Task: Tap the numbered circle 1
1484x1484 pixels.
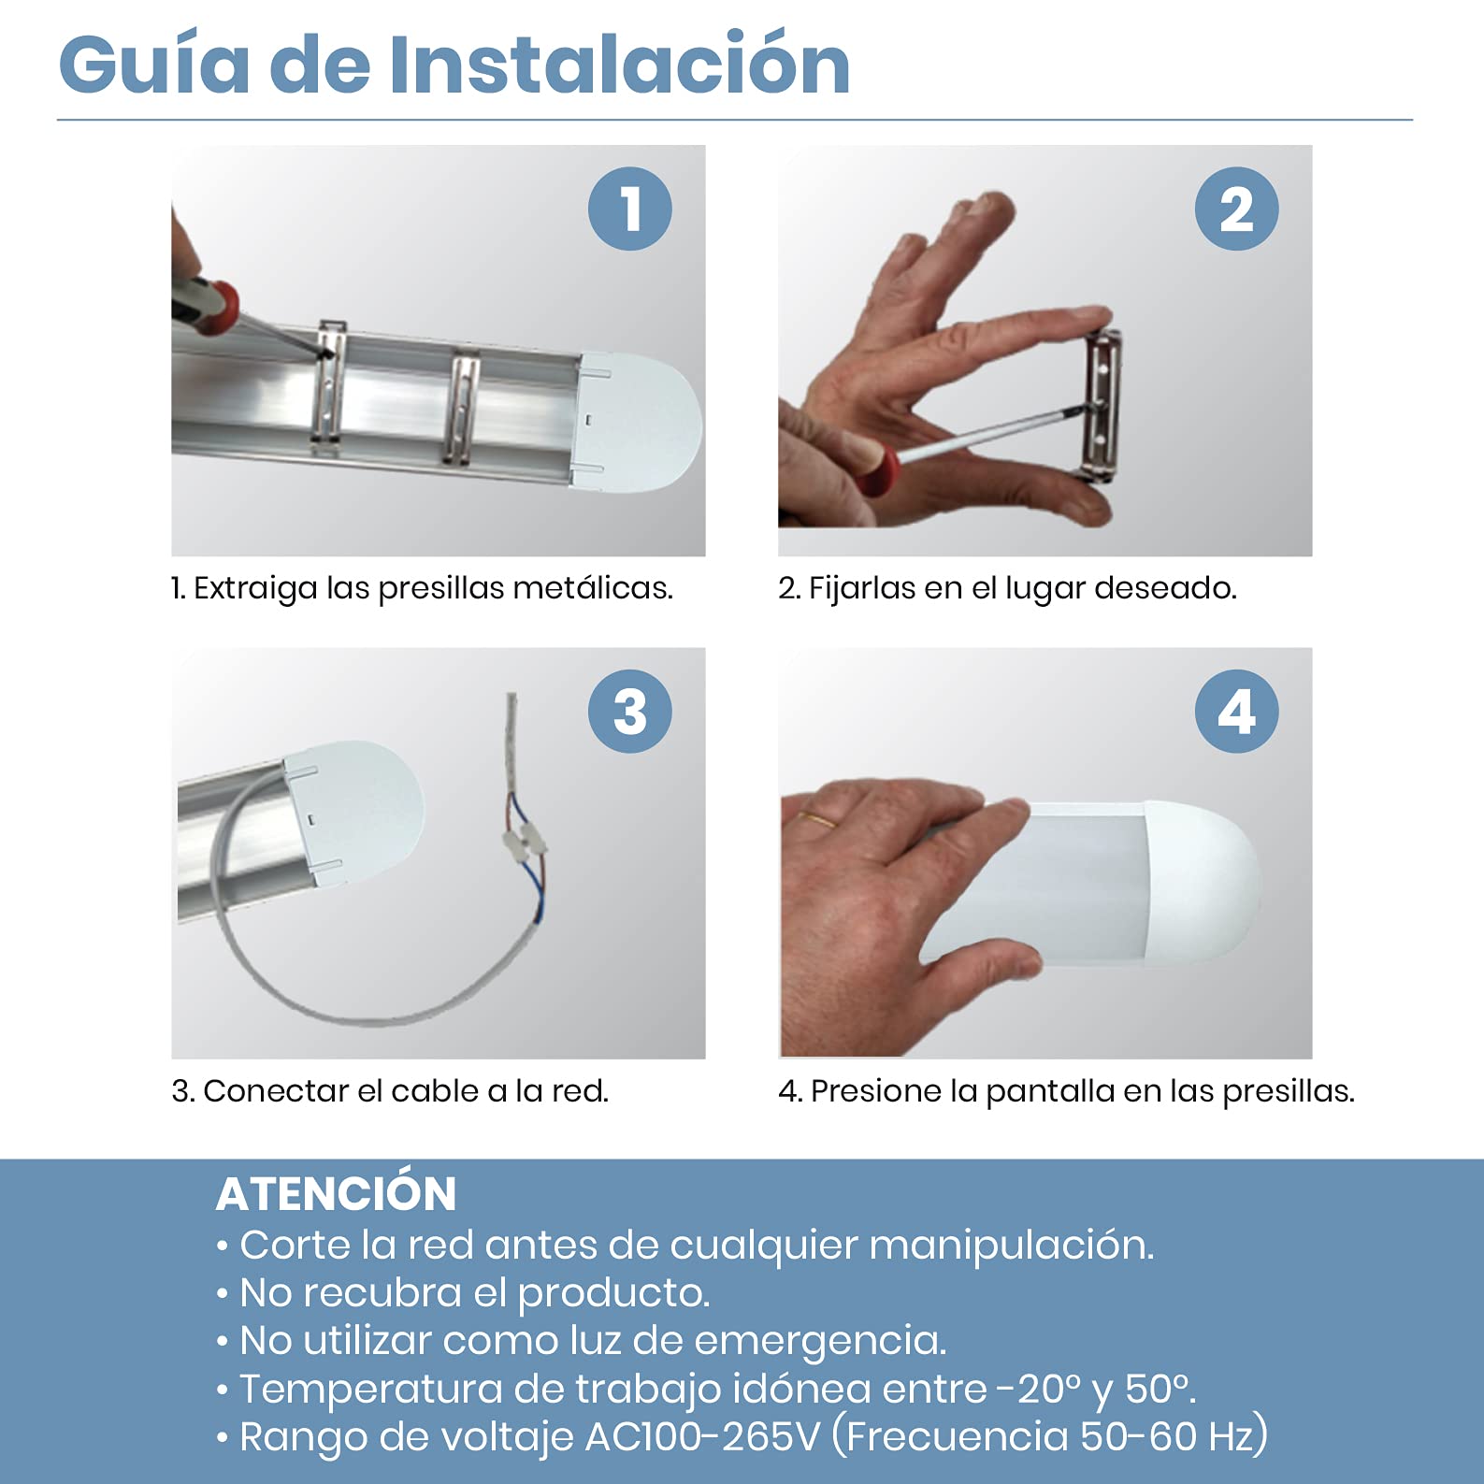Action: (630, 209)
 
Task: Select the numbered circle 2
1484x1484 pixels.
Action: (1236, 209)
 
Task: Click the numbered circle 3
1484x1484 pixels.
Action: (630, 712)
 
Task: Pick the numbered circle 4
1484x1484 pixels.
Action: (1236, 712)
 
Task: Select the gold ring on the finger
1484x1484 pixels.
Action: (817, 819)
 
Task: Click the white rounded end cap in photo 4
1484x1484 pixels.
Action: (1201, 884)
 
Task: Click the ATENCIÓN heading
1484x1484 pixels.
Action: (337, 1193)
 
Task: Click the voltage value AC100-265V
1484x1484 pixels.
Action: (702, 1437)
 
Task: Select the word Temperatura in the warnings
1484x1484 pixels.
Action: (371, 1390)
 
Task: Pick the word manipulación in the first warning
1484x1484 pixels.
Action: (1012, 1246)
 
